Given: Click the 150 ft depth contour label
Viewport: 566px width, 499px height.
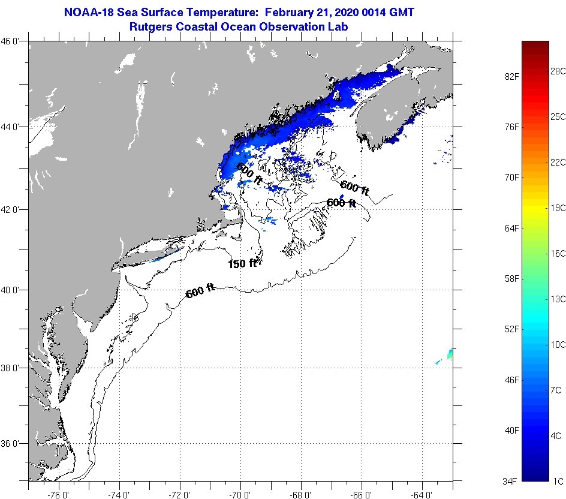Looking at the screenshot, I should [x=242, y=263].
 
